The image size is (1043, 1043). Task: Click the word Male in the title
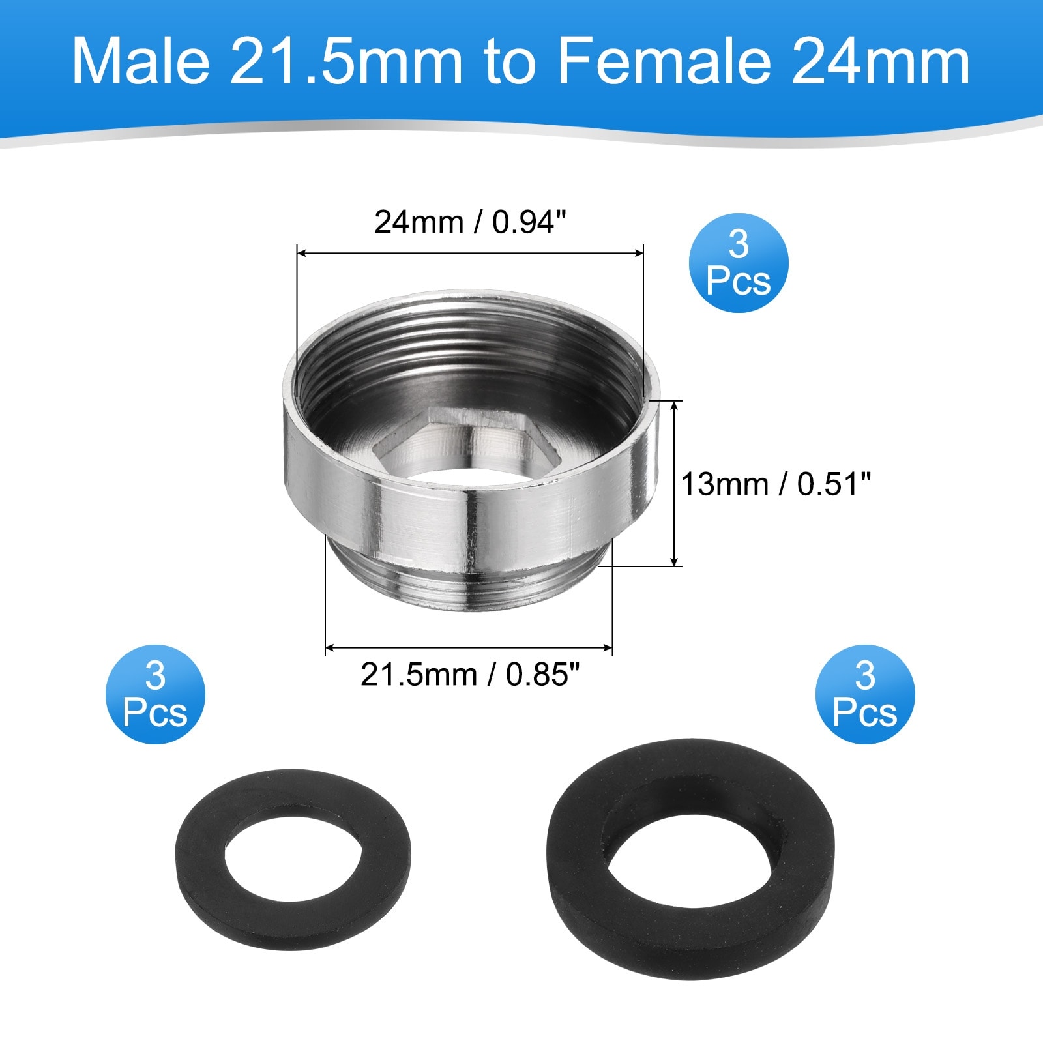(x=141, y=61)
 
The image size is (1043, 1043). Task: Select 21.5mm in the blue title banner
(x=346, y=61)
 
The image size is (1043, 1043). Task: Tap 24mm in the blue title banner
(x=881, y=61)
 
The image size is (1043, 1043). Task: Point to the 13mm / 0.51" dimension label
(x=776, y=484)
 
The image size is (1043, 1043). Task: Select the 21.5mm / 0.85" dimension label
(x=470, y=675)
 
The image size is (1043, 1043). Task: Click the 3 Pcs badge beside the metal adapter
(x=739, y=263)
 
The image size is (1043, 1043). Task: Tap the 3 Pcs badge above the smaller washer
(x=155, y=694)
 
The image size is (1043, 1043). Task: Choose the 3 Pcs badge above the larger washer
(x=865, y=694)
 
